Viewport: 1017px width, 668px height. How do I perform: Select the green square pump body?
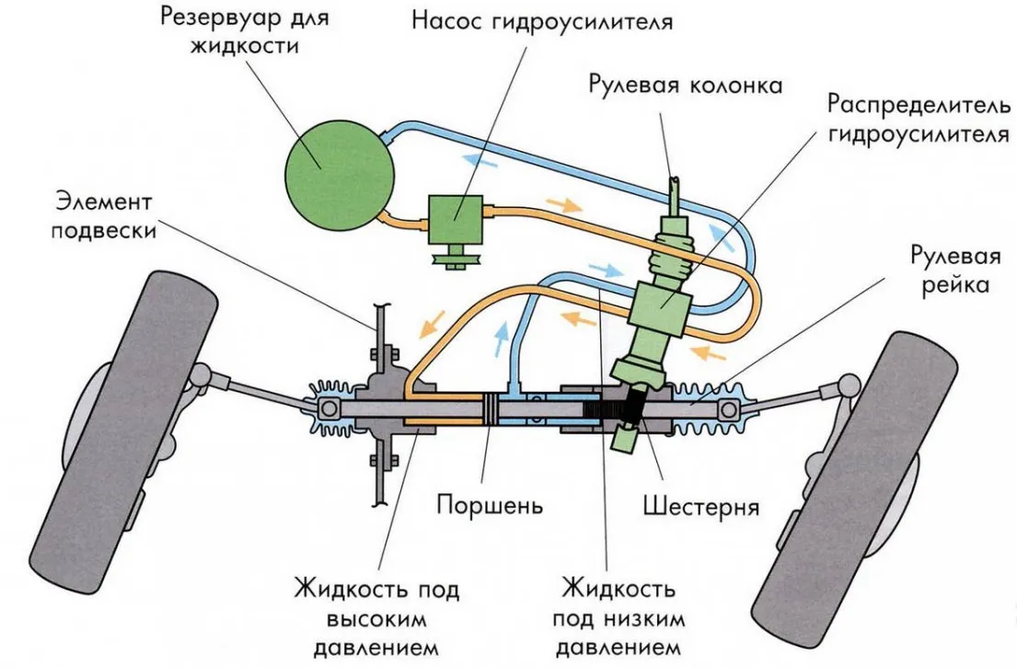(x=455, y=219)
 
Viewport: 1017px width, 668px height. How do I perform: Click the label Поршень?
(x=490, y=504)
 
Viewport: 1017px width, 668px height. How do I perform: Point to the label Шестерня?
(x=700, y=505)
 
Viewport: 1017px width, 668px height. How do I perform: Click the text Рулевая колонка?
(x=686, y=85)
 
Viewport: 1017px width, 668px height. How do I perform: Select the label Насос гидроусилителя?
(x=542, y=21)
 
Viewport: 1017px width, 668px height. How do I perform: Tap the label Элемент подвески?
(x=104, y=216)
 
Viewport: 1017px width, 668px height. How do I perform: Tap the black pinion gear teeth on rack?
(x=612, y=408)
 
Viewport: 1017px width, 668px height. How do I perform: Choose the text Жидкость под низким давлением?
(x=618, y=618)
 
